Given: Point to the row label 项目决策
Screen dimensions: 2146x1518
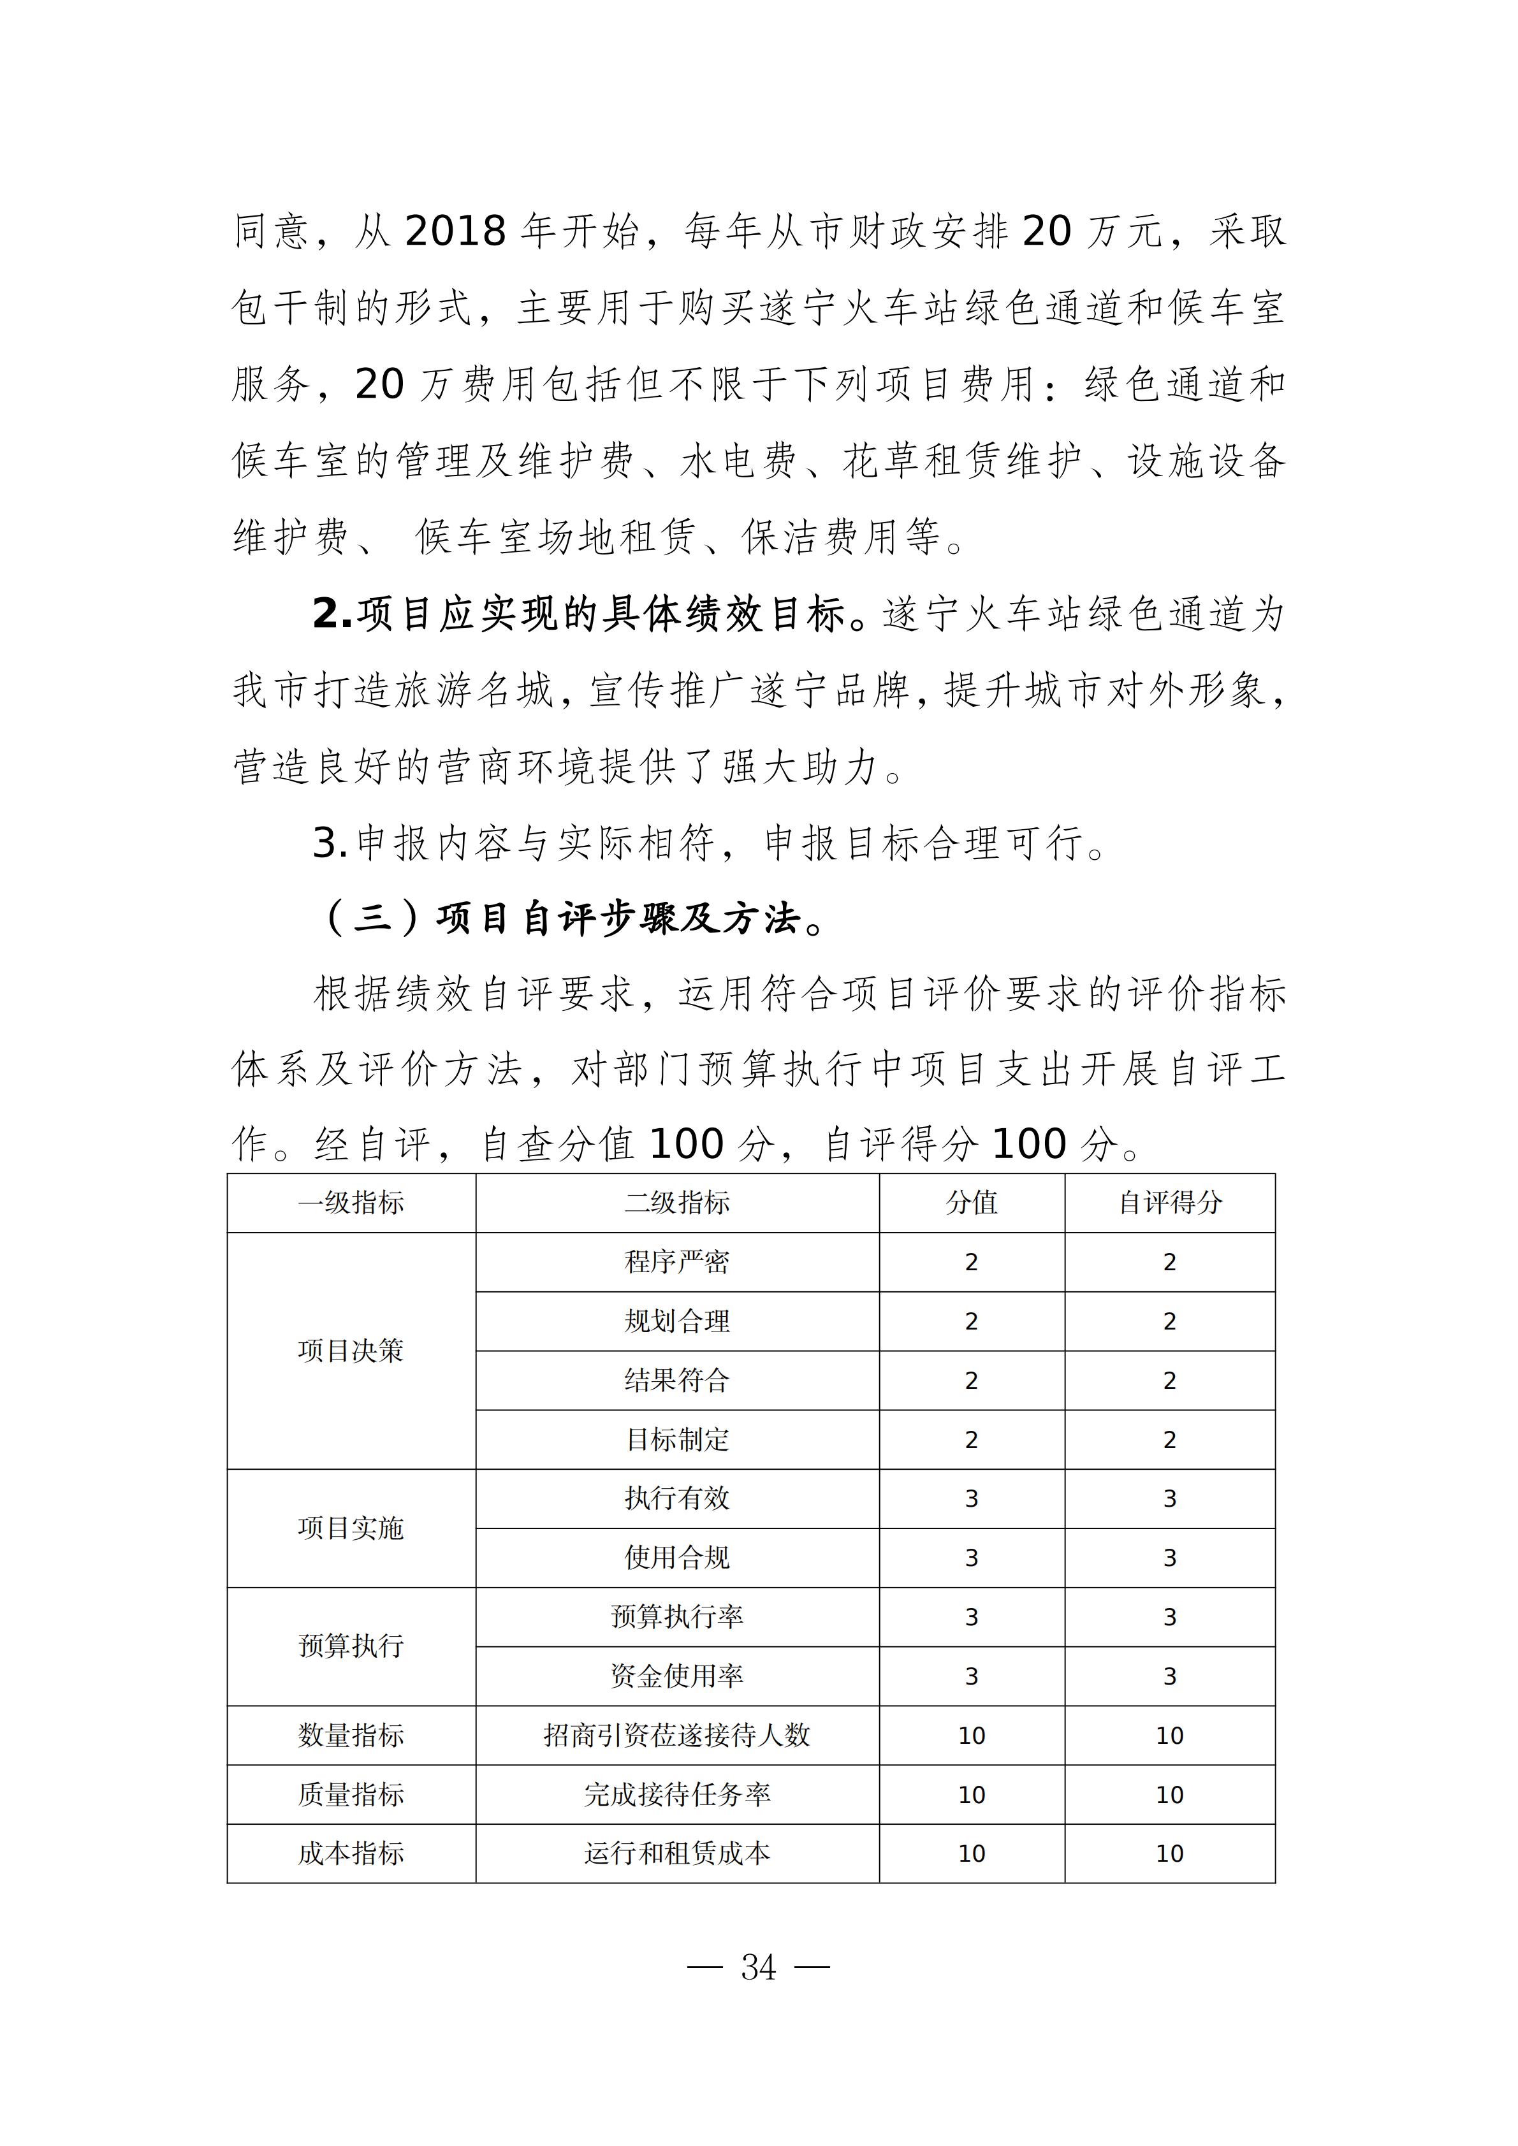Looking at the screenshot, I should (x=351, y=1351).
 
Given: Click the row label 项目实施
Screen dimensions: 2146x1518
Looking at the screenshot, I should (x=351, y=1528).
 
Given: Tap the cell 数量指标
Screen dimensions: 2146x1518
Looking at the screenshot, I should (x=351, y=1736).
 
